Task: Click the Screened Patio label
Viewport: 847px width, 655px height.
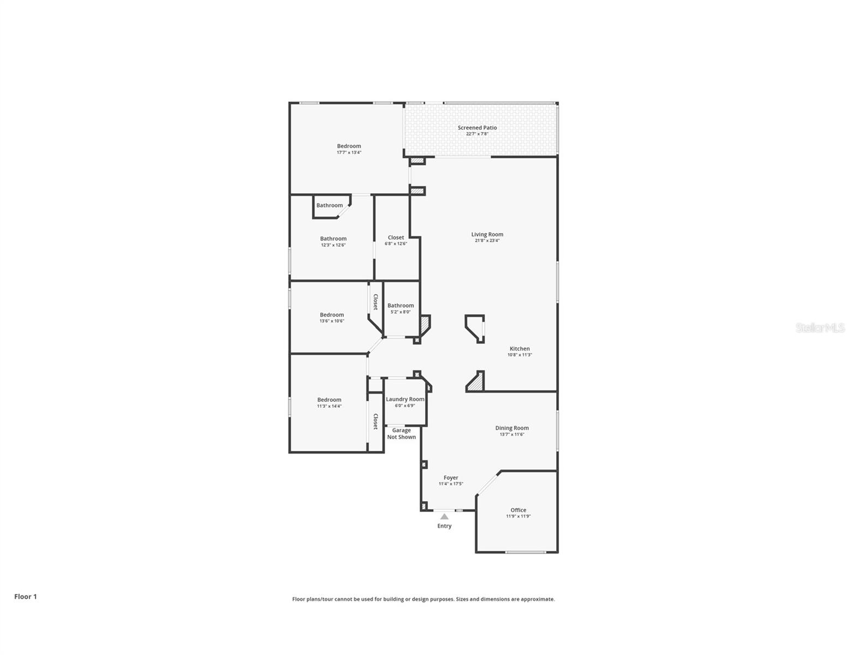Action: click(x=477, y=128)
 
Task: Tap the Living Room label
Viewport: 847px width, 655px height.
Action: click(x=487, y=235)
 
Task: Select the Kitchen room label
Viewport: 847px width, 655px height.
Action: click(x=520, y=349)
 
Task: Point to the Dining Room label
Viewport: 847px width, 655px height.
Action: click(x=512, y=428)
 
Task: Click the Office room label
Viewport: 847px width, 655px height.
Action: click(x=518, y=510)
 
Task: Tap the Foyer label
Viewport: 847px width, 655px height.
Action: click(x=451, y=478)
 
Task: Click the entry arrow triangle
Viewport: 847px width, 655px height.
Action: click(x=444, y=516)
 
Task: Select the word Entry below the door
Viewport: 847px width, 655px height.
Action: click(x=444, y=526)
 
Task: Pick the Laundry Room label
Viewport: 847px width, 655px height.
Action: click(x=405, y=400)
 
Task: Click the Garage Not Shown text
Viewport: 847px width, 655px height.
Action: click(x=402, y=434)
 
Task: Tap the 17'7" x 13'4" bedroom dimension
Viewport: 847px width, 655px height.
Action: click(x=349, y=153)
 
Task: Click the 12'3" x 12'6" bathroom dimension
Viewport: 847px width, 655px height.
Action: click(x=333, y=245)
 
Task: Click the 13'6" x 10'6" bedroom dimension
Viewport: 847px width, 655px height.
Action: click(x=332, y=321)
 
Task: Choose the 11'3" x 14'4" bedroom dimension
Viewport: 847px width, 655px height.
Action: click(x=329, y=406)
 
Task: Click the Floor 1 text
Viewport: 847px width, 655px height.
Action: click(x=26, y=597)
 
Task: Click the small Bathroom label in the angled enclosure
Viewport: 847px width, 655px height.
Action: click(x=330, y=206)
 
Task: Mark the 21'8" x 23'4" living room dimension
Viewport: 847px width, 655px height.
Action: click(x=487, y=241)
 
